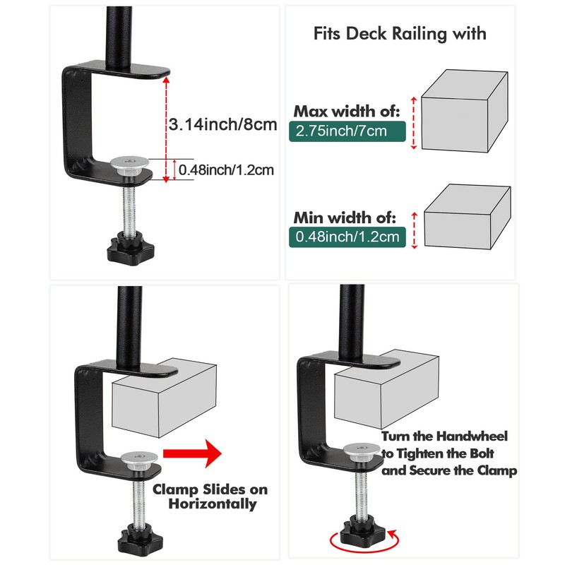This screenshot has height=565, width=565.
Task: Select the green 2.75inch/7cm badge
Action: pos(340,131)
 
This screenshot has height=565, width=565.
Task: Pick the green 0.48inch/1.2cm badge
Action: pos(347,236)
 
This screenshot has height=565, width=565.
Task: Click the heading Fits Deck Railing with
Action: pos(400,33)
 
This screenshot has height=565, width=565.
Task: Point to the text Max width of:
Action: pos(347,111)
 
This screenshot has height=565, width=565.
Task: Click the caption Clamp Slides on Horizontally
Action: pos(210,496)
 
